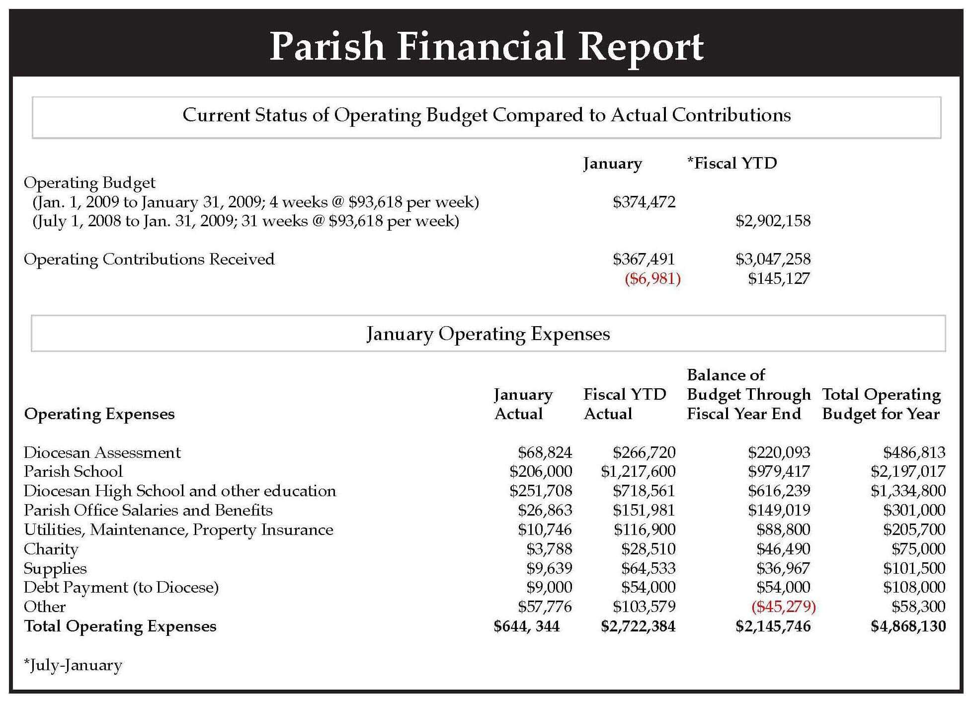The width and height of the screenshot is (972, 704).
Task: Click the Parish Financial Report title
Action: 486,47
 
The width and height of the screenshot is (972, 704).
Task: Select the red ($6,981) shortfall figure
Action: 652,278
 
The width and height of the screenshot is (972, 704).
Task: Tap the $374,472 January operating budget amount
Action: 644,202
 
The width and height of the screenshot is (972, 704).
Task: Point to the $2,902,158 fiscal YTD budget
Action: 773,221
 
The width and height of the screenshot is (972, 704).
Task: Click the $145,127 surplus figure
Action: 779,278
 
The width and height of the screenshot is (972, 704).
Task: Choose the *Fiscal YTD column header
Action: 732,163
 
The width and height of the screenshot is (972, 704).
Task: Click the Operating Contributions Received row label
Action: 149,260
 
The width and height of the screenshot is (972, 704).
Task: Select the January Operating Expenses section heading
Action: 488,334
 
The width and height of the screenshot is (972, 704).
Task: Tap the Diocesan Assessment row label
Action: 102,452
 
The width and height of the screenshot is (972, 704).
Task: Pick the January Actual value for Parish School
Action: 541,471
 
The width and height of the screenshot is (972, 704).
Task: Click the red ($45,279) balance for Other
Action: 784,607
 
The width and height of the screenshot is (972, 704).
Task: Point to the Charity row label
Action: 51,549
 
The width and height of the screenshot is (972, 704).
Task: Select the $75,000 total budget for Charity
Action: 918,549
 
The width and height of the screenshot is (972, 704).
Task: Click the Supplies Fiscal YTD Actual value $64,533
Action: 648,568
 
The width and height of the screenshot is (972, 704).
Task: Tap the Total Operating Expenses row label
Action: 120,626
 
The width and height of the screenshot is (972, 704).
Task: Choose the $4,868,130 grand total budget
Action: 908,626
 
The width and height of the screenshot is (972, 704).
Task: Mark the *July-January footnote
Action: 73,665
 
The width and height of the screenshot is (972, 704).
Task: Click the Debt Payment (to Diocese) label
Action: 121,588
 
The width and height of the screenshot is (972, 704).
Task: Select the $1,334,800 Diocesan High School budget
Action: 908,491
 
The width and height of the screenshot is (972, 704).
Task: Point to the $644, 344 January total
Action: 527,626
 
